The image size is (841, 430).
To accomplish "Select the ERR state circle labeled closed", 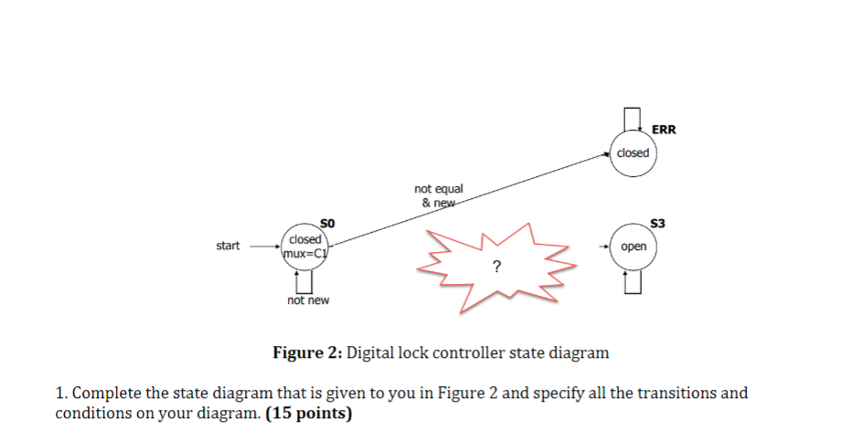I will pyautogui.click(x=632, y=152).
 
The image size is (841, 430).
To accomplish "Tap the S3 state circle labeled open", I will pyautogui.click(x=633, y=247).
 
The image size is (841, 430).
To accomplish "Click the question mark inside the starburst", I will pyautogui.click(x=496, y=267).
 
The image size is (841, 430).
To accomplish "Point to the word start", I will pyautogui.click(x=228, y=246).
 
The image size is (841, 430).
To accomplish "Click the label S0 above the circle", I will pyautogui.click(x=328, y=222).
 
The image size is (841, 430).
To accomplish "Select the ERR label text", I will pyautogui.click(x=664, y=130).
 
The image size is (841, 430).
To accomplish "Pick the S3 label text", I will pyautogui.click(x=658, y=223).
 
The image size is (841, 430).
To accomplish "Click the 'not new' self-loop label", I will pyautogui.click(x=308, y=300).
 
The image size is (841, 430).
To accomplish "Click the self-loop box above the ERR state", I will pyautogui.click(x=632, y=119).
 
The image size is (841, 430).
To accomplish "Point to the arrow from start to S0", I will pyautogui.click(x=265, y=246).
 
